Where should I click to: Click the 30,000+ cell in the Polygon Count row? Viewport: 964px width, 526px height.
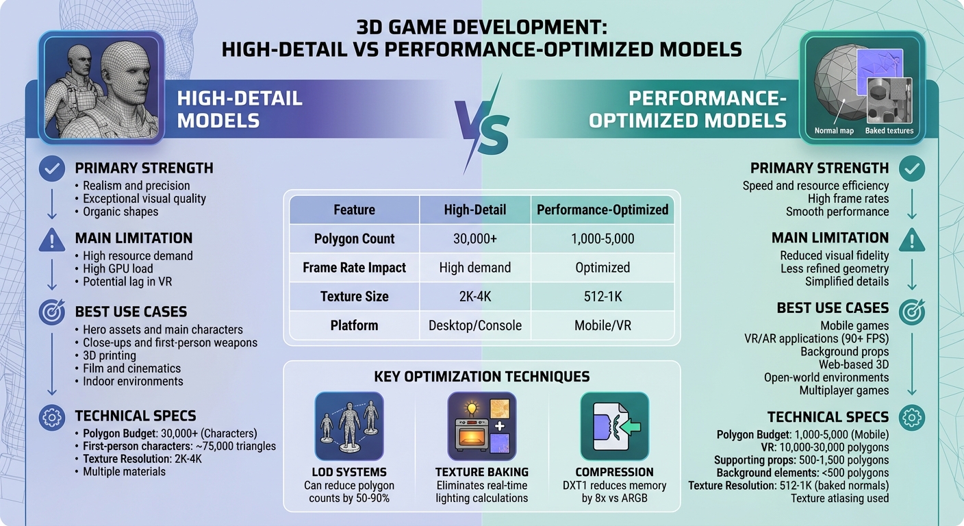point(474,239)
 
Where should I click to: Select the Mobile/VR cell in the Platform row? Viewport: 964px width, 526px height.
point(602,325)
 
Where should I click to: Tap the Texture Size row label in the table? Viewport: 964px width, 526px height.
point(354,297)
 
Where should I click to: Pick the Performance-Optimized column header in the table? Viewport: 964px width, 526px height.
point(602,210)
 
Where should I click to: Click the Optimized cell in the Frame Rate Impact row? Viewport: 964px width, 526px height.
point(602,268)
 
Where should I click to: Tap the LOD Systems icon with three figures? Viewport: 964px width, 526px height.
point(348,426)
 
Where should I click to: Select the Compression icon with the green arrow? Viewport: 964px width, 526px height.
point(614,426)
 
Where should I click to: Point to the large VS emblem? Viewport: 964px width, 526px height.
point(482,127)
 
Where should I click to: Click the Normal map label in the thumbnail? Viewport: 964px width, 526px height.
point(834,131)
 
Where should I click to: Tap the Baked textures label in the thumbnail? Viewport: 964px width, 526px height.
point(889,131)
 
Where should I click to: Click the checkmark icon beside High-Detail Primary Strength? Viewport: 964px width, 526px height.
point(52,168)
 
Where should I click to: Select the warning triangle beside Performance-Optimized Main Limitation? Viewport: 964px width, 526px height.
point(911,239)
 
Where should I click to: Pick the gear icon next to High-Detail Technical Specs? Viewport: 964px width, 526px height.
point(52,416)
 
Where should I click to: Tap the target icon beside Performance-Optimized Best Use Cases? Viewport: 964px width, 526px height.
point(911,310)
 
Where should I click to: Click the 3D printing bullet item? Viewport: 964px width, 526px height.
point(109,355)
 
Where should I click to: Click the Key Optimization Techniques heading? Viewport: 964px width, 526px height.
point(481,377)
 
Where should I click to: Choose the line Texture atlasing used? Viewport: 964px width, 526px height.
point(839,498)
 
